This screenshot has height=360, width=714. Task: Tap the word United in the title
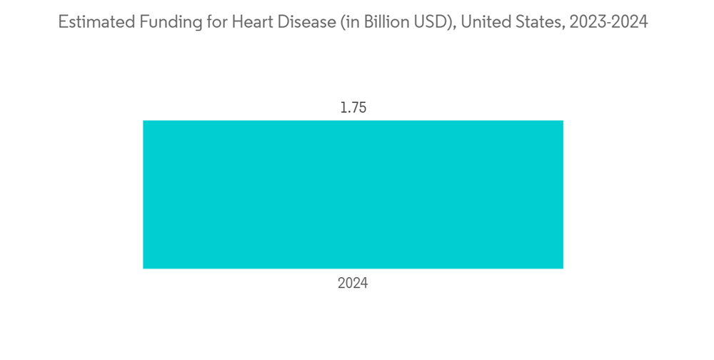483,22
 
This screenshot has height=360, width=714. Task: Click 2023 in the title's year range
580,22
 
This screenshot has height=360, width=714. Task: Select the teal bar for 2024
353,194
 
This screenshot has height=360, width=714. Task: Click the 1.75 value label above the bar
353,109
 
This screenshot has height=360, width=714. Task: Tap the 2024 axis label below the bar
353,284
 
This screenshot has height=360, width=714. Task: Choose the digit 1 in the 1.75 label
342,109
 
